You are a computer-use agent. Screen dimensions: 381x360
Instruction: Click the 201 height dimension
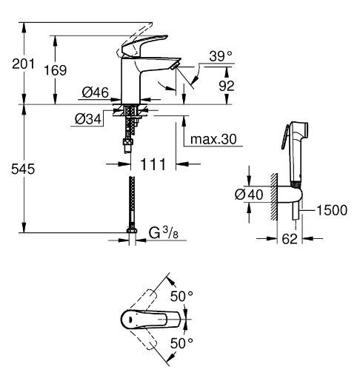12,64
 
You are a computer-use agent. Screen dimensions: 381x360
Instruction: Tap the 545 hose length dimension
13,169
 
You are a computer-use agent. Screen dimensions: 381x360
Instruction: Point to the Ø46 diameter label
96,92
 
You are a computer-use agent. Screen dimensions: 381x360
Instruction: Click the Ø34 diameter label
88,116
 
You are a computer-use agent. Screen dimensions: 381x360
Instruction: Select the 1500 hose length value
334,209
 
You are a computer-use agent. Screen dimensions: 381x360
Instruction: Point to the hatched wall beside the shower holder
275,195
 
